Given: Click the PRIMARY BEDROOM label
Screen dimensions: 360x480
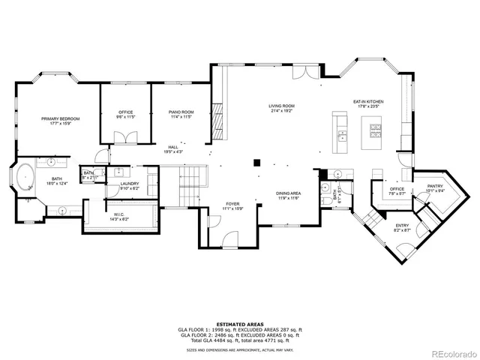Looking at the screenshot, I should click(x=60, y=118).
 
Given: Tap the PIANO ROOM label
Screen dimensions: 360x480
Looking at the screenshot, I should click(x=181, y=112).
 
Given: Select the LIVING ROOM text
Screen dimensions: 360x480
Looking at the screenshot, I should click(x=281, y=106).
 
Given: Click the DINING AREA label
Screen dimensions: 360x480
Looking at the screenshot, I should click(x=289, y=193).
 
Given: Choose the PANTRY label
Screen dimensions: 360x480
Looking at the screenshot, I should click(x=435, y=186).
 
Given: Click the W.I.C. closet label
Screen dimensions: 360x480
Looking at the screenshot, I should click(x=118, y=214).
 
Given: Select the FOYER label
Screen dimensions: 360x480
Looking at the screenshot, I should click(x=233, y=203).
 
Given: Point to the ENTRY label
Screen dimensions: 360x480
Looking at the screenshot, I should click(x=403, y=224).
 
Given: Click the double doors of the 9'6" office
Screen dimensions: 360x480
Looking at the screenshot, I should click(x=125, y=138).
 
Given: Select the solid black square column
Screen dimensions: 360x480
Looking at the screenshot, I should click(x=256, y=160).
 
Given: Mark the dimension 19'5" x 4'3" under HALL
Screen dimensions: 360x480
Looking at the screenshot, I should click(x=172, y=152).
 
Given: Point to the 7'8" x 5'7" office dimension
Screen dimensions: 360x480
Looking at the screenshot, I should click(x=397, y=193).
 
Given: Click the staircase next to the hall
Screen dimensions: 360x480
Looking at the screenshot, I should click(x=193, y=178).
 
